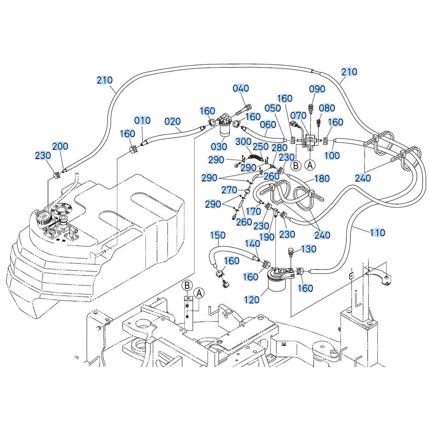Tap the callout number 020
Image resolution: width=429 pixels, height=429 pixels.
173,121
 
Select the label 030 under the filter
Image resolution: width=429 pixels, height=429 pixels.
219,146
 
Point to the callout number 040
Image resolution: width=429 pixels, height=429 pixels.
241,88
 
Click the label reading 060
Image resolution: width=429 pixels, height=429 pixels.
268,124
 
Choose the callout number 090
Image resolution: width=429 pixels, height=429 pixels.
317,89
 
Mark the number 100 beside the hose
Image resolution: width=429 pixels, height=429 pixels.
332,155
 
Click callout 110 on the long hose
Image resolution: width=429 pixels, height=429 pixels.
377,233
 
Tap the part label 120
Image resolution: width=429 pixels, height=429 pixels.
252,299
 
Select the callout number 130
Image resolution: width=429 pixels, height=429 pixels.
309,249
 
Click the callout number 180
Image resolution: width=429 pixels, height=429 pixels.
322,178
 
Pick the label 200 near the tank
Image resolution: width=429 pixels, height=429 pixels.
60,146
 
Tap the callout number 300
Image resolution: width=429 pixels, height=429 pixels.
244,141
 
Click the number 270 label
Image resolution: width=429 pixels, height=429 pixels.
230,189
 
